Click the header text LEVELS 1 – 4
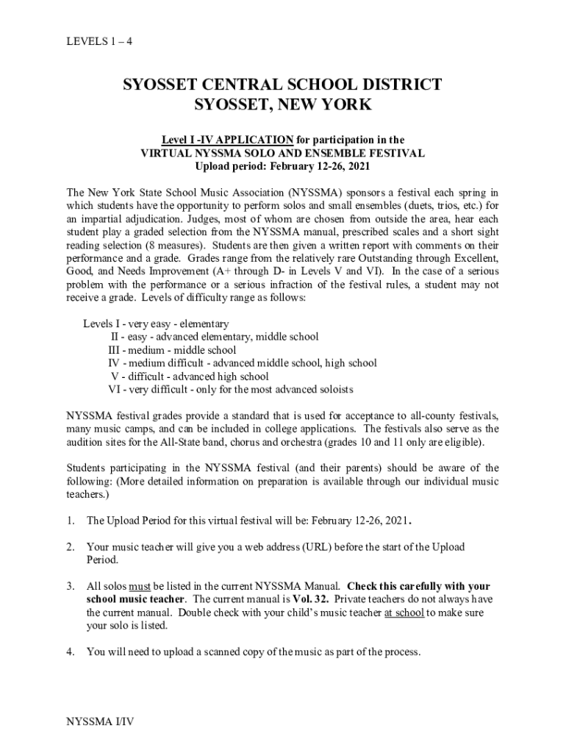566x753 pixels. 99,41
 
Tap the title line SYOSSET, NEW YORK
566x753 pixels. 283,105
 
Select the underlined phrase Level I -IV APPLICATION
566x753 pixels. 228,140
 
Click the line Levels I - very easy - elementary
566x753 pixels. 156,324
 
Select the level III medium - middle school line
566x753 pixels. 172,350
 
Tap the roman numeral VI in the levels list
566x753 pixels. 114,390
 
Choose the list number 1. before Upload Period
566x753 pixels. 71,521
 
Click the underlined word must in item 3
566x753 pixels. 140,587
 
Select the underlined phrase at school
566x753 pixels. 404,613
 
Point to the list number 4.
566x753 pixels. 71,652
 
